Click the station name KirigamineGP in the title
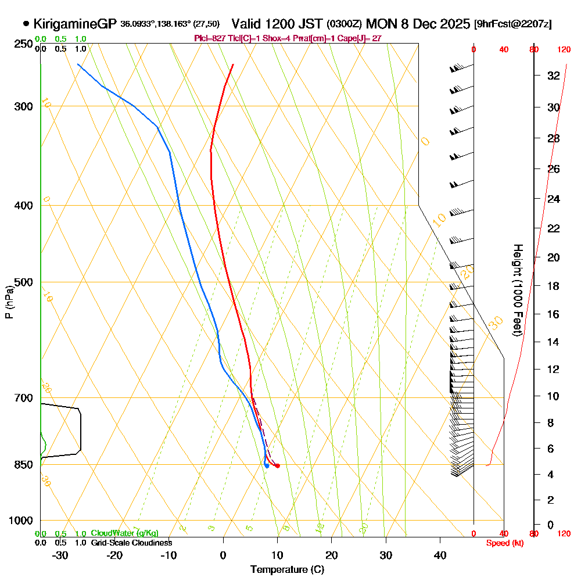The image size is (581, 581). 75,24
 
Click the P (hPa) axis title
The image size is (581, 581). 9,302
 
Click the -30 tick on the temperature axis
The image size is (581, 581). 60,555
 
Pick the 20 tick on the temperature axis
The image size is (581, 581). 332,555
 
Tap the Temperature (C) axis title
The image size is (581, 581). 287,569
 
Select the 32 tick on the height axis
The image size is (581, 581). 553,76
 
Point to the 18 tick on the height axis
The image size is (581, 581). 553,286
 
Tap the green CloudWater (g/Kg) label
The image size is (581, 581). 124,533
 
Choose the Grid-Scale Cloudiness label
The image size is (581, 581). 131,543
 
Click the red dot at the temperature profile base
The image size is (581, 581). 277,465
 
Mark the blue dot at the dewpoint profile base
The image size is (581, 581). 266,465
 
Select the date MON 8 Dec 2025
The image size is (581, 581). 418,24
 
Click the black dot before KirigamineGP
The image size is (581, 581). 26,24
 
